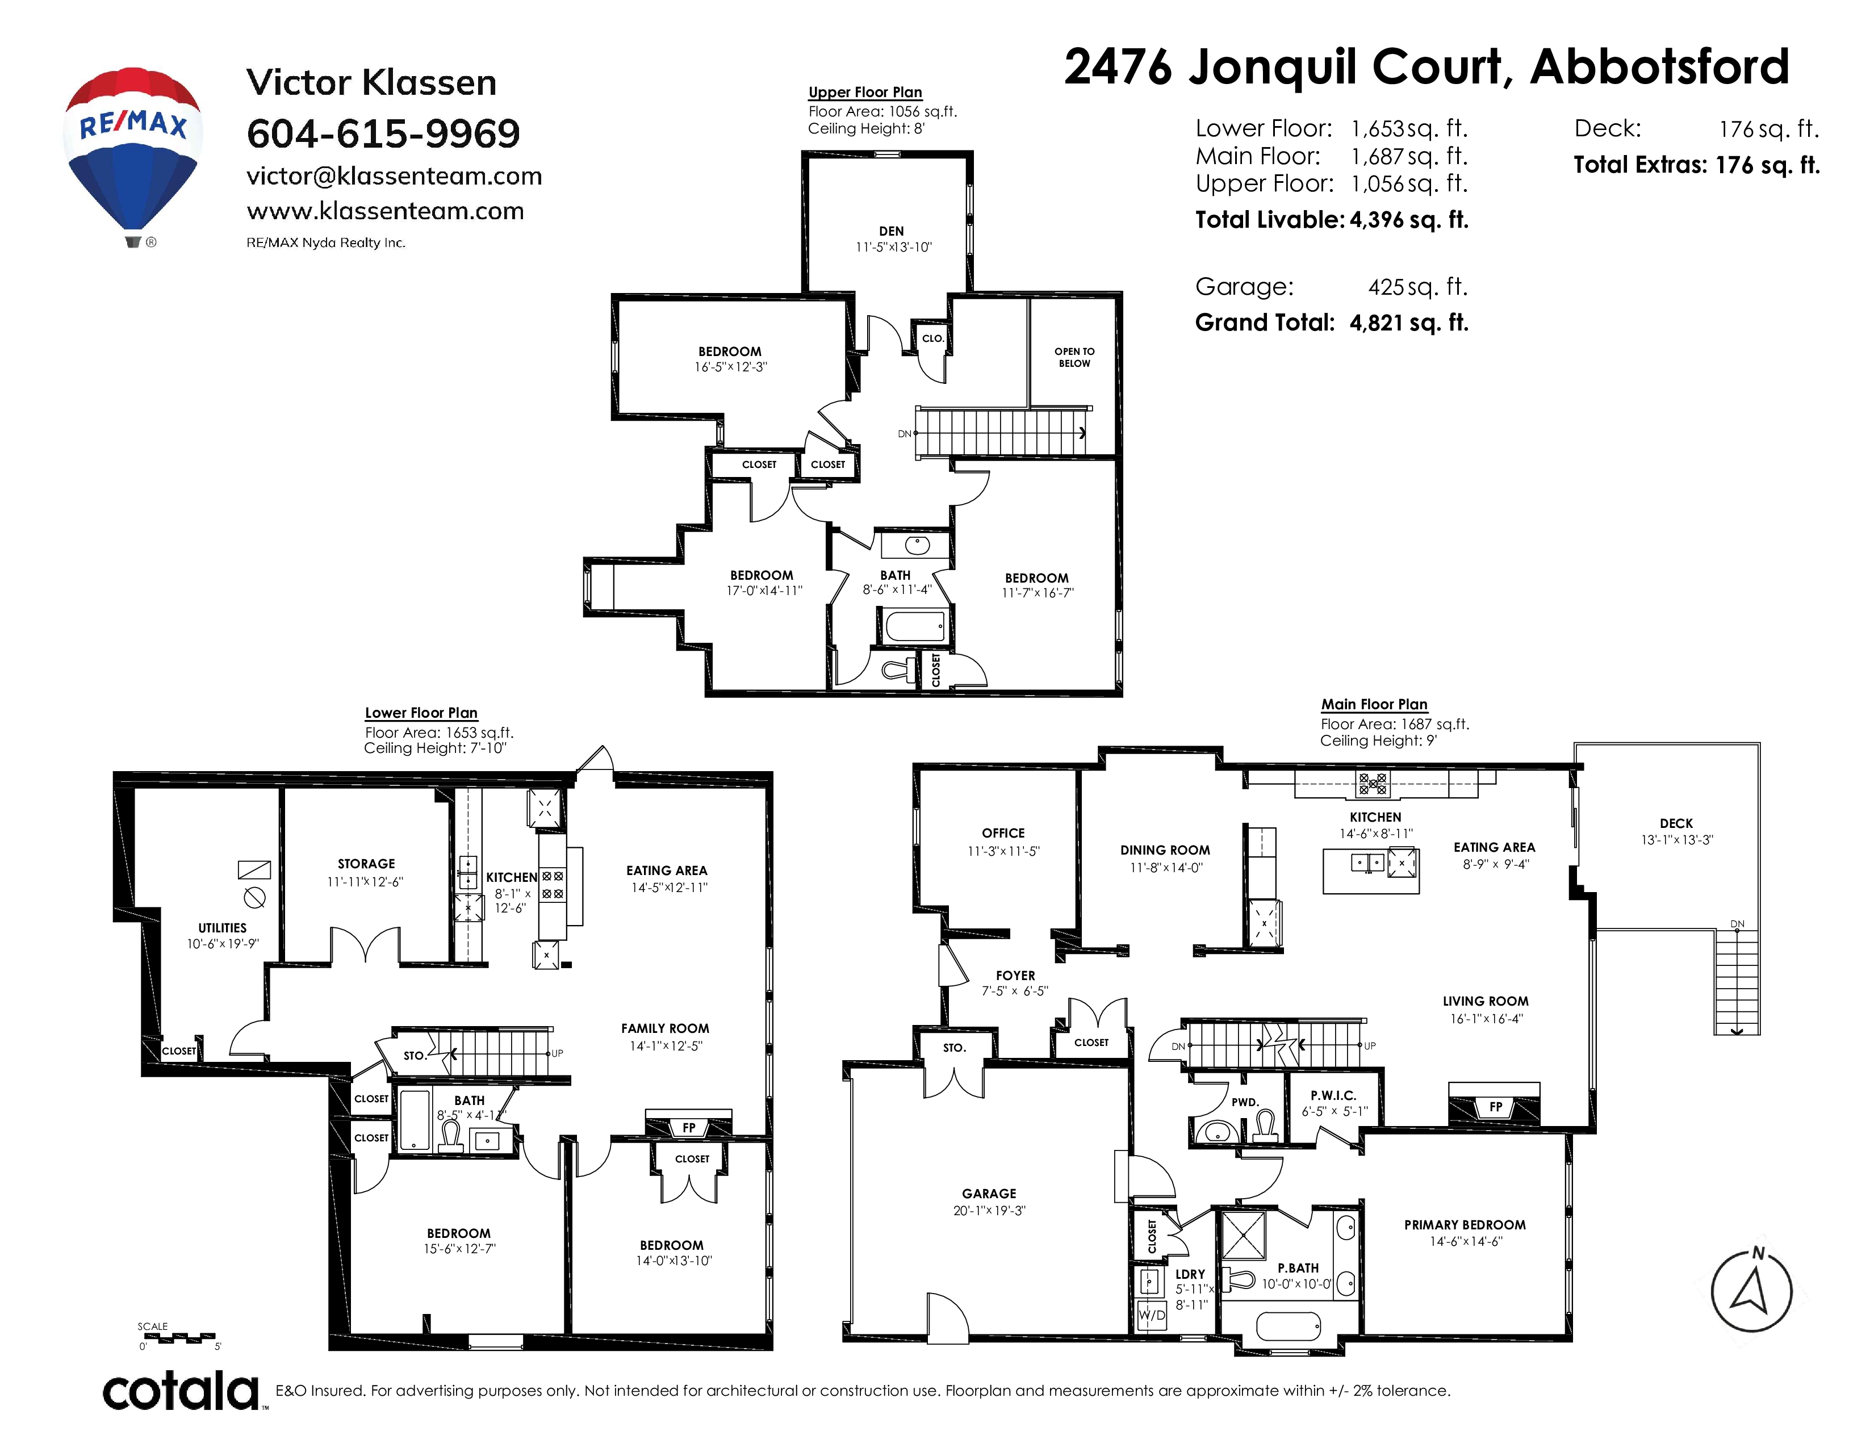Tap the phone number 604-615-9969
[383, 134]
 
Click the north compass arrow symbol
[1752, 1291]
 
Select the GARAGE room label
[989, 1193]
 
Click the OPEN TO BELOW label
[1074, 357]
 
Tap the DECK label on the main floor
[1676, 823]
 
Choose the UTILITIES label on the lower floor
[222, 927]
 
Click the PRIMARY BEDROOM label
[1465, 1225]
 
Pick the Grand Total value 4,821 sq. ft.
[1409, 323]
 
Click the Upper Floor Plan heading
[865, 92]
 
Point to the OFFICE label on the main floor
[1003, 833]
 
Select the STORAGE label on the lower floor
[366, 864]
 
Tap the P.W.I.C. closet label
[1333, 1095]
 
